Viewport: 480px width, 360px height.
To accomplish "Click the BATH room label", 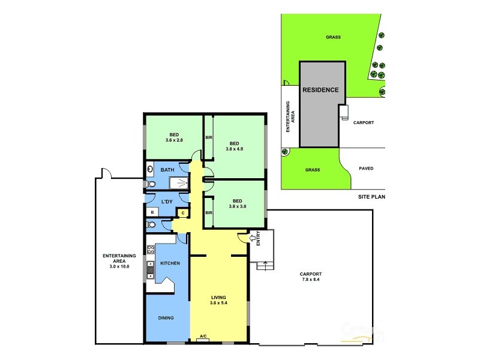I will pos(167,170).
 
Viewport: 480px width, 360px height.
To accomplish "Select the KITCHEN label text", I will pos(170,263).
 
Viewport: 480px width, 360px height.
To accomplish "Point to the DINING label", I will pos(166,318).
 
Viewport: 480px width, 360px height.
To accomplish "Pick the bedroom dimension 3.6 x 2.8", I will pos(174,140).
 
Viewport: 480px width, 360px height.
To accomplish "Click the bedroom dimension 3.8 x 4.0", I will pos(235,149).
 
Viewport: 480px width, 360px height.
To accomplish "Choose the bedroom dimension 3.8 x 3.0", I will pos(238,206).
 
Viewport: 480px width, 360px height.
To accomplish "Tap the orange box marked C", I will pos(182,212).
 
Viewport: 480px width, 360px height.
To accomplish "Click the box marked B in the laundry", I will pos(152,212).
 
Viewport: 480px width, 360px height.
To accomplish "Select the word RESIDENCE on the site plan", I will pos(320,90).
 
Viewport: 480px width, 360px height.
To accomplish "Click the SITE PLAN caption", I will pos(370,196).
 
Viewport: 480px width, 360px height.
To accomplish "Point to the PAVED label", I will pos(365,169).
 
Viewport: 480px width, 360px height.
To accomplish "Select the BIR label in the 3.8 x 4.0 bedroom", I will pos(209,137).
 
